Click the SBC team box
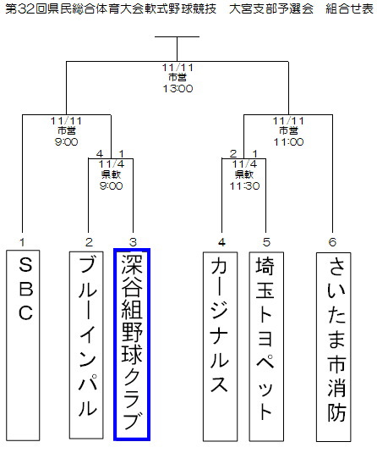point(23,345)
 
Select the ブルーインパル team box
point(86,345)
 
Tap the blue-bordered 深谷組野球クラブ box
point(132,345)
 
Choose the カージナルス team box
point(220,346)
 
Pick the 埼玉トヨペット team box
point(266,346)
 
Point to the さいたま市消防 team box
point(333,347)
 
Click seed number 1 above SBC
point(22,242)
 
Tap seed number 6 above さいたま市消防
point(332,242)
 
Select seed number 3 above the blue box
point(133,242)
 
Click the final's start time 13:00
point(178,88)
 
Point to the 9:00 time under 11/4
point(111,185)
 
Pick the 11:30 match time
point(244,185)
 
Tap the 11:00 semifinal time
point(288,142)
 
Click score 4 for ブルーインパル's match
point(100,154)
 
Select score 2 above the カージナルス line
point(233,154)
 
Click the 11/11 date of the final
point(178,68)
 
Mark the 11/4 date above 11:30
point(244,164)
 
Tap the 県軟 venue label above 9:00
point(111,174)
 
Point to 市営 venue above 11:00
point(288,131)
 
